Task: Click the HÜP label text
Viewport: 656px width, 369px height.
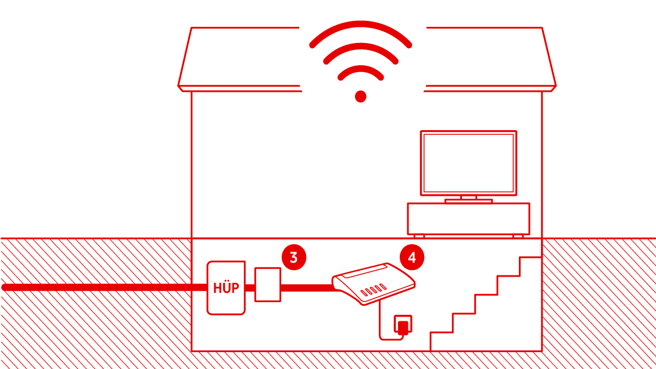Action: tap(226, 288)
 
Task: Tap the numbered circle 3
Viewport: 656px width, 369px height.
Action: tap(293, 257)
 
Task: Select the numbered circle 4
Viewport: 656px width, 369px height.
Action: tap(412, 257)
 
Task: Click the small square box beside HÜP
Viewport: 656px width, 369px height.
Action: tap(268, 284)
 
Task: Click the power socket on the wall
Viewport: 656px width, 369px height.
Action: tap(403, 324)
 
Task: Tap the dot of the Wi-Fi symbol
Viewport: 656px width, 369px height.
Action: tap(360, 96)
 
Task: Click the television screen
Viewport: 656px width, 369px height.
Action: tap(468, 163)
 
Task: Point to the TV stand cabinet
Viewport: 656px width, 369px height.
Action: tap(468, 218)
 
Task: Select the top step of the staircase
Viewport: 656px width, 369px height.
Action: tap(530, 258)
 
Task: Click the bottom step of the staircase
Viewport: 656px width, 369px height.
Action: tap(442, 333)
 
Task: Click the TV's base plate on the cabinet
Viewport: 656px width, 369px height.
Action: tap(468, 201)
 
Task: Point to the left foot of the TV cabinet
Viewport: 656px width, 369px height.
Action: tap(419, 236)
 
